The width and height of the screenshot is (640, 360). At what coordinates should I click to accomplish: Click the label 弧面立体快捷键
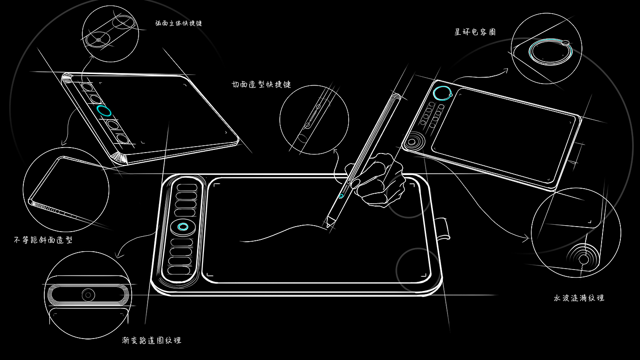[x=178, y=23]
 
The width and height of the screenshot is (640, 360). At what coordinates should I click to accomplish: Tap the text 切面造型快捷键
[x=261, y=85]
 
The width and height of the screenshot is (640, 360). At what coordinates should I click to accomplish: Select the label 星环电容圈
[x=475, y=32]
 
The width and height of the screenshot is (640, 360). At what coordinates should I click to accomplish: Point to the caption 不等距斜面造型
[x=43, y=240]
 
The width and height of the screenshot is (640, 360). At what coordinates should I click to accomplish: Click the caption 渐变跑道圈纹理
[x=152, y=340]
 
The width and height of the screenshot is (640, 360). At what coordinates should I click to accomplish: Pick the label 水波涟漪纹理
[x=579, y=298]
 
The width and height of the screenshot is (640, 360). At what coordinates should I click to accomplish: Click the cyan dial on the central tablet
[x=183, y=227]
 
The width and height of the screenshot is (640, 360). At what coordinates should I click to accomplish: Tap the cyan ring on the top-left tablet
[x=104, y=111]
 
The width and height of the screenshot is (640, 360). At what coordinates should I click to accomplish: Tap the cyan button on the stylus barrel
[x=341, y=196]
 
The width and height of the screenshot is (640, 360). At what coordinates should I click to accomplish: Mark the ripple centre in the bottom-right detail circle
[x=584, y=259]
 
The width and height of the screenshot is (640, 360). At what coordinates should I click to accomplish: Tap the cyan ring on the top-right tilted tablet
[x=442, y=93]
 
